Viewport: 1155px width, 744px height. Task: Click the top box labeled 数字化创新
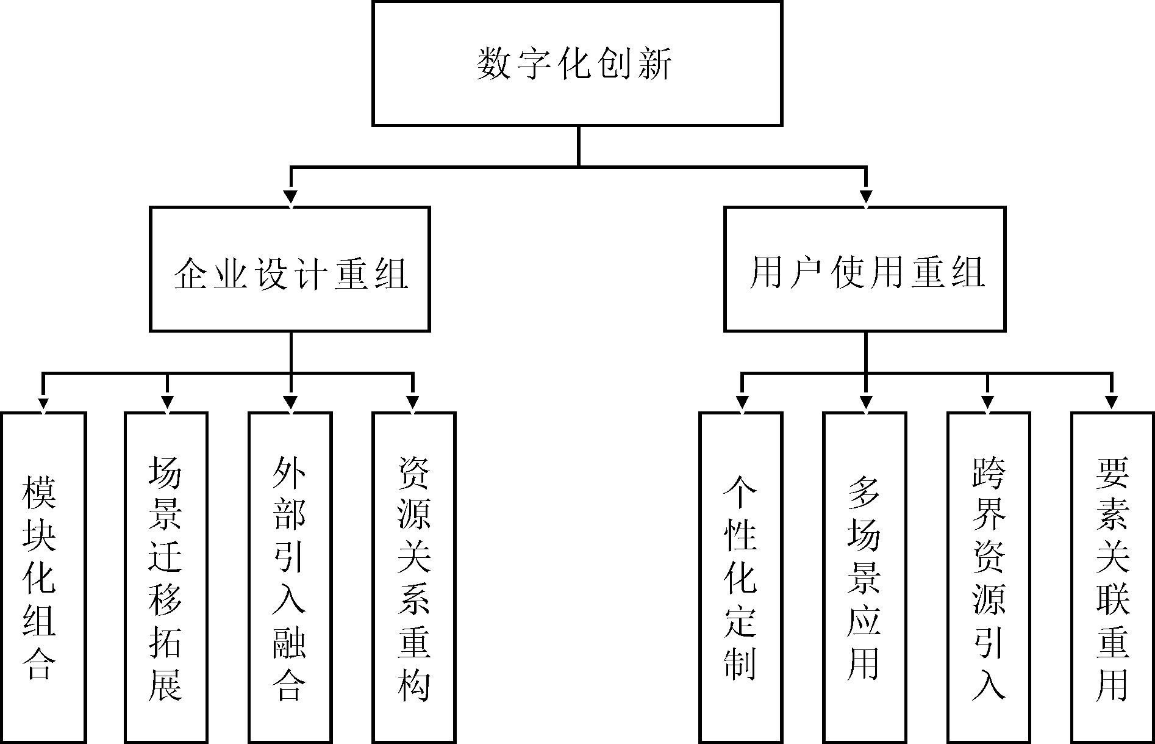tap(577, 63)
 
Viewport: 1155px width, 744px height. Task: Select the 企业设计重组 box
tap(290, 269)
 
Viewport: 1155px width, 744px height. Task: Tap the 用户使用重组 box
tap(865, 269)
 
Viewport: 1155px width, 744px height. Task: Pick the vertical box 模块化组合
tap(43, 577)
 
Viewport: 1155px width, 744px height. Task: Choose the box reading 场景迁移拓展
tap(166, 577)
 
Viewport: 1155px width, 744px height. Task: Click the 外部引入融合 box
tap(290, 577)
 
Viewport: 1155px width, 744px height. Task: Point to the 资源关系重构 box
tap(414, 577)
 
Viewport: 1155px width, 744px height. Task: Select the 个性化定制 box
tap(741, 577)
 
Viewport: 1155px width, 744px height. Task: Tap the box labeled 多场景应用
tap(865, 577)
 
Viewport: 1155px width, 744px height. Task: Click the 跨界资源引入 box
tap(989, 577)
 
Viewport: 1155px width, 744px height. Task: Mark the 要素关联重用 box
tap(1112, 577)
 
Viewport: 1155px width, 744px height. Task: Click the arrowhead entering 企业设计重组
tap(291, 197)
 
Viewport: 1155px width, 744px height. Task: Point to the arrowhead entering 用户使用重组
tap(866, 197)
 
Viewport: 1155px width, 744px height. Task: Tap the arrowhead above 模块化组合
tap(43, 403)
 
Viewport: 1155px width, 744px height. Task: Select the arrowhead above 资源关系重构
tap(413, 403)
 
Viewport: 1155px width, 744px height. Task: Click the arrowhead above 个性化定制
tap(742, 403)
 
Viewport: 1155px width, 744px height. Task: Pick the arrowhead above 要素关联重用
tap(1112, 403)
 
